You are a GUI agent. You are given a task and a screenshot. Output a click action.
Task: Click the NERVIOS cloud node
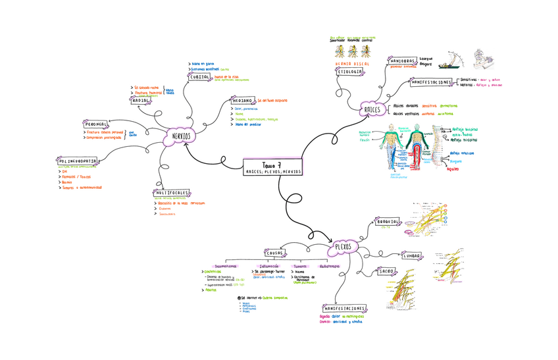(182, 136)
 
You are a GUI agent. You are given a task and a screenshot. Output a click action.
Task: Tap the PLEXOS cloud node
(343, 247)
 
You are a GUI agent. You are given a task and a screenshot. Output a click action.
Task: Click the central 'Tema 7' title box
(273, 167)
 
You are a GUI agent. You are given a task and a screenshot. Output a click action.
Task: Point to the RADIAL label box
(140, 101)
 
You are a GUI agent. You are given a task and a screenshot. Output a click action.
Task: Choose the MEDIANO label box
(242, 101)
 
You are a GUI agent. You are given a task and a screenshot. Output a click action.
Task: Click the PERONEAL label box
(96, 124)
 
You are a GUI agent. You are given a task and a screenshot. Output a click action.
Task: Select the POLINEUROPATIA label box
(78, 161)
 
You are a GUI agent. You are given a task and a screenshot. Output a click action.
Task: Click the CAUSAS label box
(274, 253)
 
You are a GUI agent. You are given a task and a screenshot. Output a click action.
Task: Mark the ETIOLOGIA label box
(349, 71)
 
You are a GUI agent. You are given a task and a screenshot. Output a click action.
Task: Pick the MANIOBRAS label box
(401, 60)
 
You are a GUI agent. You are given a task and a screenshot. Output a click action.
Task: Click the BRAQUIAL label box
(388, 222)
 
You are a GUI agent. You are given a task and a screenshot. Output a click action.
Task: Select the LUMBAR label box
(412, 255)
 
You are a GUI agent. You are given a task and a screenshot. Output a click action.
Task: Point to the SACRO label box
(386, 271)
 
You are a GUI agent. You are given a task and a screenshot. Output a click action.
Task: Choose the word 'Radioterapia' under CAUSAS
(329, 266)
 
